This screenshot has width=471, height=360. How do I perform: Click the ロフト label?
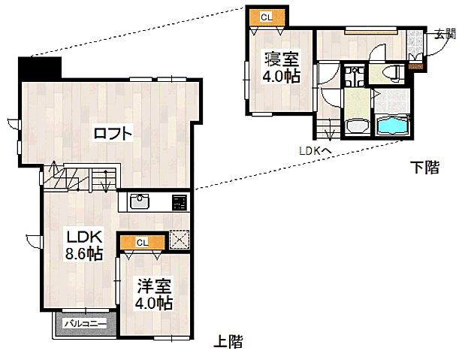[x=113, y=135]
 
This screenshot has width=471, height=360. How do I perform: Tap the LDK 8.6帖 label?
[x=82, y=244]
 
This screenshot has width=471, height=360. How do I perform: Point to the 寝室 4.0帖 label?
[x=281, y=67]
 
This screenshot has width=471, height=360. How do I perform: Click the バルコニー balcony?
[x=85, y=324]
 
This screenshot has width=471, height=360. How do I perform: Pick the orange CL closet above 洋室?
[x=142, y=242]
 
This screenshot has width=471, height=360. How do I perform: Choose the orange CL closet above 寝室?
[x=267, y=17]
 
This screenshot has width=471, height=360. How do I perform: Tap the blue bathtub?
[x=392, y=126]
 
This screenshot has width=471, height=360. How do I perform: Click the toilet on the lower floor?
[x=390, y=72]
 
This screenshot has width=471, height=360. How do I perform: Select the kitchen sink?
[x=140, y=201]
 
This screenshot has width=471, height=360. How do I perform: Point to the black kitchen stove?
[x=180, y=201]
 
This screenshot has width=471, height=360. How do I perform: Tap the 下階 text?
[x=424, y=168]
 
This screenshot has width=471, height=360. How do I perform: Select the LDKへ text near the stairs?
[x=316, y=151]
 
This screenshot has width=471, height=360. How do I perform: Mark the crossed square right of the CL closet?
[x=180, y=239]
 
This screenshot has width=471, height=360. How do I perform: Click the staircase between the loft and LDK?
[x=79, y=178]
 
